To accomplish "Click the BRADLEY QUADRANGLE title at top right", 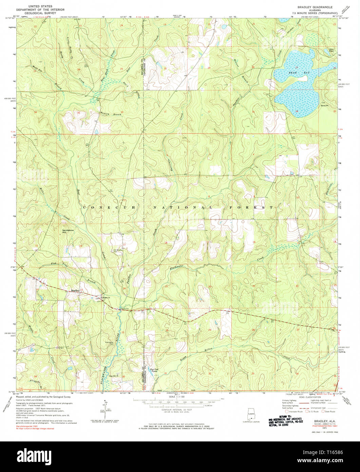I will coord(310,7).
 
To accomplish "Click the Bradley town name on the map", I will coord(75,290).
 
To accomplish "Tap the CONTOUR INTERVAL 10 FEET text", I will coord(180,410).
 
